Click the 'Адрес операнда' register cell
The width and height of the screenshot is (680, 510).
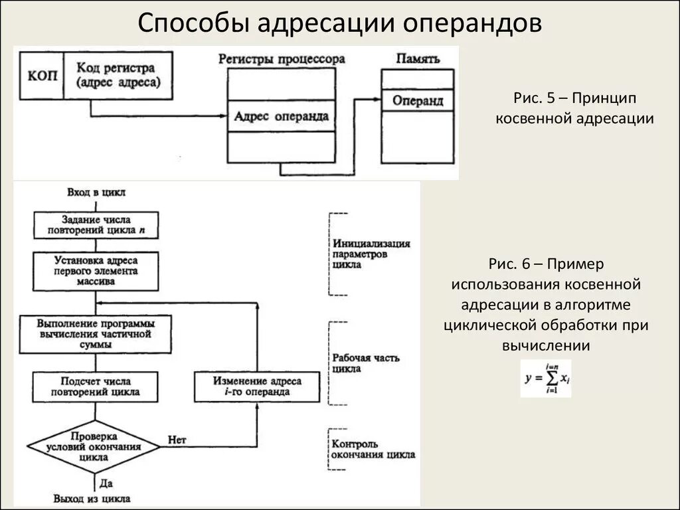[x=281, y=116]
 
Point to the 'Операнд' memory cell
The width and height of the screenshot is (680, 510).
[x=417, y=101]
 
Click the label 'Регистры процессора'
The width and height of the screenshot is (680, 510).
[x=281, y=58]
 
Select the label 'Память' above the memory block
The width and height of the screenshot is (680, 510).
[x=418, y=58]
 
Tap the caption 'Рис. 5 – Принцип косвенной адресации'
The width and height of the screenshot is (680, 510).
[x=575, y=108]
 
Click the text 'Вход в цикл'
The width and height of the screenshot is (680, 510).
[x=96, y=193]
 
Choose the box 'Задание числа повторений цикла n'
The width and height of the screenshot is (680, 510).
[x=96, y=225]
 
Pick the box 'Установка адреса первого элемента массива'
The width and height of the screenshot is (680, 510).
[x=96, y=271]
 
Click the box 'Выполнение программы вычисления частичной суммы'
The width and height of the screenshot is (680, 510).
[x=96, y=334]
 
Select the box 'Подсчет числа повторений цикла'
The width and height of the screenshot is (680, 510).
[x=96, y=386]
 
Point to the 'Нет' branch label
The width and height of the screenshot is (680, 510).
[x=177, y=440]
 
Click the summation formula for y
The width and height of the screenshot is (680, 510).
[x=545, y=379]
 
